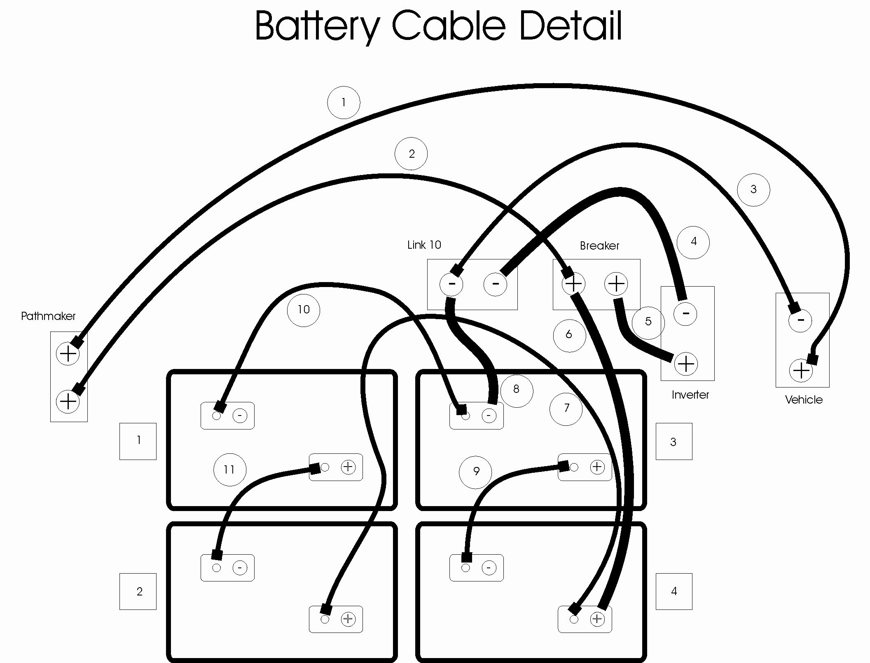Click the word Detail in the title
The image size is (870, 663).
(x=571, y=26)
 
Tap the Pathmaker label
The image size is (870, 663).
(x=48, y=316)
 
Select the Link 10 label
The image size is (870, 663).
(x=424, y=245)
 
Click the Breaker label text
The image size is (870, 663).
(x=599, y=246)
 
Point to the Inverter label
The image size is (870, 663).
(x=690, y=395)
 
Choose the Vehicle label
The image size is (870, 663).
(x=804, y=399)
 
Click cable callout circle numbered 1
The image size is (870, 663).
(x=344, y=103)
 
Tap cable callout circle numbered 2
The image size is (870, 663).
(x=411, y=154)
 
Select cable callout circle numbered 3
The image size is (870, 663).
(x=753, y=189)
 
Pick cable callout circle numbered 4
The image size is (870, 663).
(x=693, y=242)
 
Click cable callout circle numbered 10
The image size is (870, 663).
(x=304, y=310)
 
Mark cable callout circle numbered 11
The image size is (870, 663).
(x=230, y=469)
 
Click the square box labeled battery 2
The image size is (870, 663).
(x=138, y=591)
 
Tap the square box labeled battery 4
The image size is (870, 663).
(x=674, y=591)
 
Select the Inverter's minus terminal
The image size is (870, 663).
(x=685, y=314)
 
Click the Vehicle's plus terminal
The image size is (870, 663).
(x=801, y=371)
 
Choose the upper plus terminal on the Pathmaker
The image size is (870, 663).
(x=68, y=353)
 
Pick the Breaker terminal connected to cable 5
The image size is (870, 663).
(x=616, y=284)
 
